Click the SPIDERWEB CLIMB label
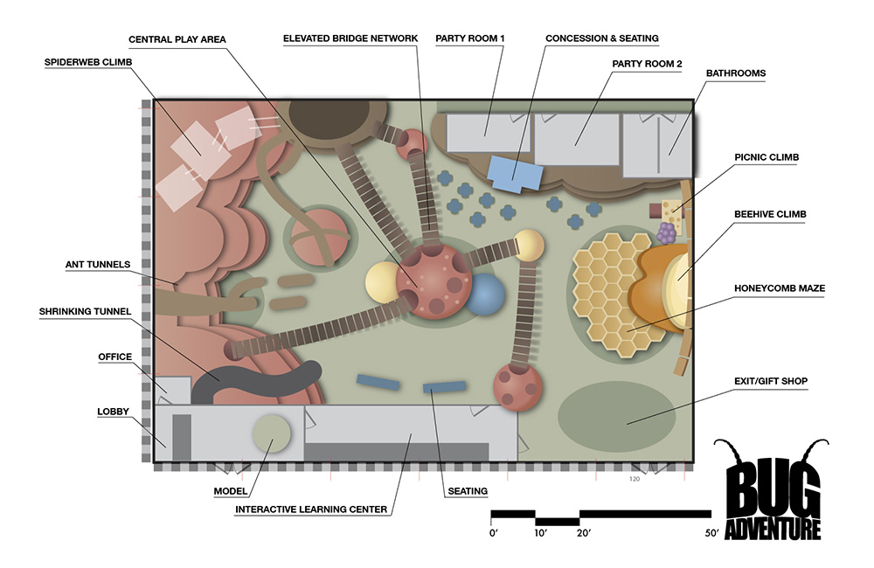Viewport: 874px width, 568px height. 88,62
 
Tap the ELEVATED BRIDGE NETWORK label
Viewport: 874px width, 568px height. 350,38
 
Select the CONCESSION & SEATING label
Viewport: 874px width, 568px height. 602,38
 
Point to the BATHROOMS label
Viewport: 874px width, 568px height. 736,73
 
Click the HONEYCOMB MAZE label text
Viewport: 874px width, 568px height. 780,288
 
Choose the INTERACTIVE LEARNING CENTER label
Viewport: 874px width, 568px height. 311,509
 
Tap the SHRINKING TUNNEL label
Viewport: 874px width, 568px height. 86,312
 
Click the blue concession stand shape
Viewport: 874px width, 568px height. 515,173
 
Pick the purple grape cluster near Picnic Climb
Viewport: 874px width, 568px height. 667,233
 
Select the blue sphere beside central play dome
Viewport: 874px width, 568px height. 484,294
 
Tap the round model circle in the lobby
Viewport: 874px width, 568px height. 272,433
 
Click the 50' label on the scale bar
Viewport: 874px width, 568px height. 711,533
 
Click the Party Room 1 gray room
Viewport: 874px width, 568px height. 489,133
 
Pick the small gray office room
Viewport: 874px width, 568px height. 172,391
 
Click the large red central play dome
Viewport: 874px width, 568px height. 434,281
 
